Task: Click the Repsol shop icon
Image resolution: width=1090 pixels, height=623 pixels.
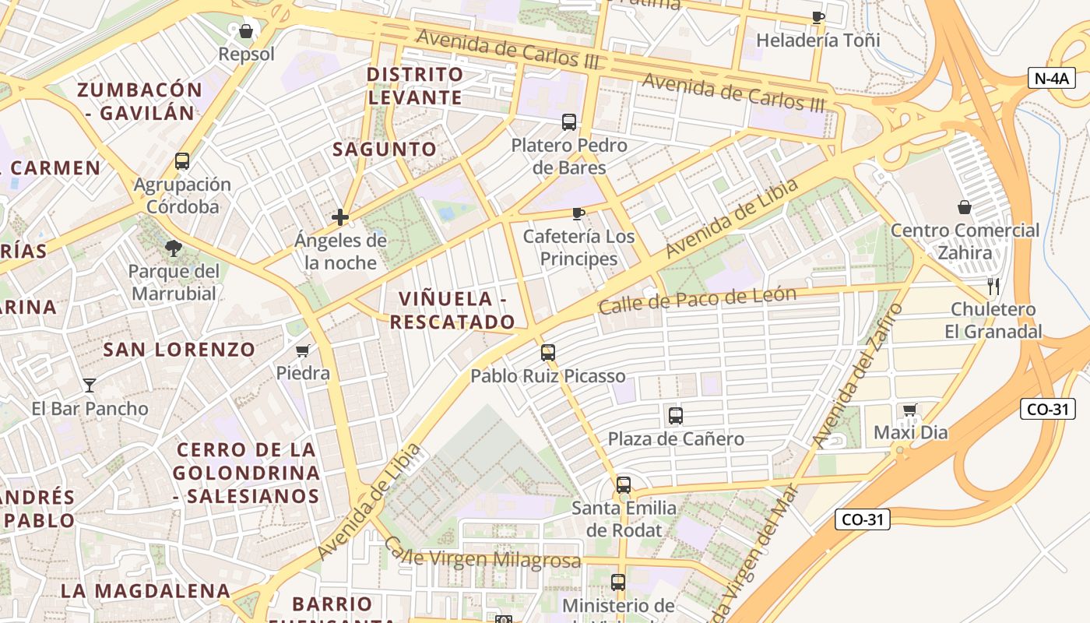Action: click(x=246, y=31)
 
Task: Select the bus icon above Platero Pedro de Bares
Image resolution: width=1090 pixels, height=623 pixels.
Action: click(x=569, y=122)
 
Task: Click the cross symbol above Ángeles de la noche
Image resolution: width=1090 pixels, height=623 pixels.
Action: click(x=340, y=217)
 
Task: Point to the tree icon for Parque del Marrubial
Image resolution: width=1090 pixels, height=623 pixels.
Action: click(x=174, y=248)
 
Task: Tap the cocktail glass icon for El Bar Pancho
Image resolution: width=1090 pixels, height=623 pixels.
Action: click(x=90, y=385)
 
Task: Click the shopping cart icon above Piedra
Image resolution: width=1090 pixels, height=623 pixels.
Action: click(x=303, y=350)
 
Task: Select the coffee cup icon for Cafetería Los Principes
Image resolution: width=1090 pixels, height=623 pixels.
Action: click(x=578, y=213)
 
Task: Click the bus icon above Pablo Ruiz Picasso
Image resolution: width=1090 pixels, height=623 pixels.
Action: click(x=548, y=353)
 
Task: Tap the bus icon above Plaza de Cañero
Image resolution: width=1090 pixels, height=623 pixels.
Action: click(x=675, y=416)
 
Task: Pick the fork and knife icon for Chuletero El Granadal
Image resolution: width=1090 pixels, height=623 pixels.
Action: click(x=993, y=287)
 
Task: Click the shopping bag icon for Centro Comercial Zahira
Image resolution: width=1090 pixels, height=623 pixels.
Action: click(x=965, y=207)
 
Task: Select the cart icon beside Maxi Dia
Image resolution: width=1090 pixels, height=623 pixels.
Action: click(x=909, y=410)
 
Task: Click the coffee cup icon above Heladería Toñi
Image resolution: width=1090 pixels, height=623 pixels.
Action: click(x=817, y=17)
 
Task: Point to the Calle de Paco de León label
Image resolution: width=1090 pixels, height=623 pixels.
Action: click(x=697, y=299)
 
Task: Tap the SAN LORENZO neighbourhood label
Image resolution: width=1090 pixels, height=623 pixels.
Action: click(x=179, y=350)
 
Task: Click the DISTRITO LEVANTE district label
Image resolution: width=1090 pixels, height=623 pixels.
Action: click(x=415, y=86)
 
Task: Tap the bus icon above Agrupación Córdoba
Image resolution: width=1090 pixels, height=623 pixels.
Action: click(x=182, y=161)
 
